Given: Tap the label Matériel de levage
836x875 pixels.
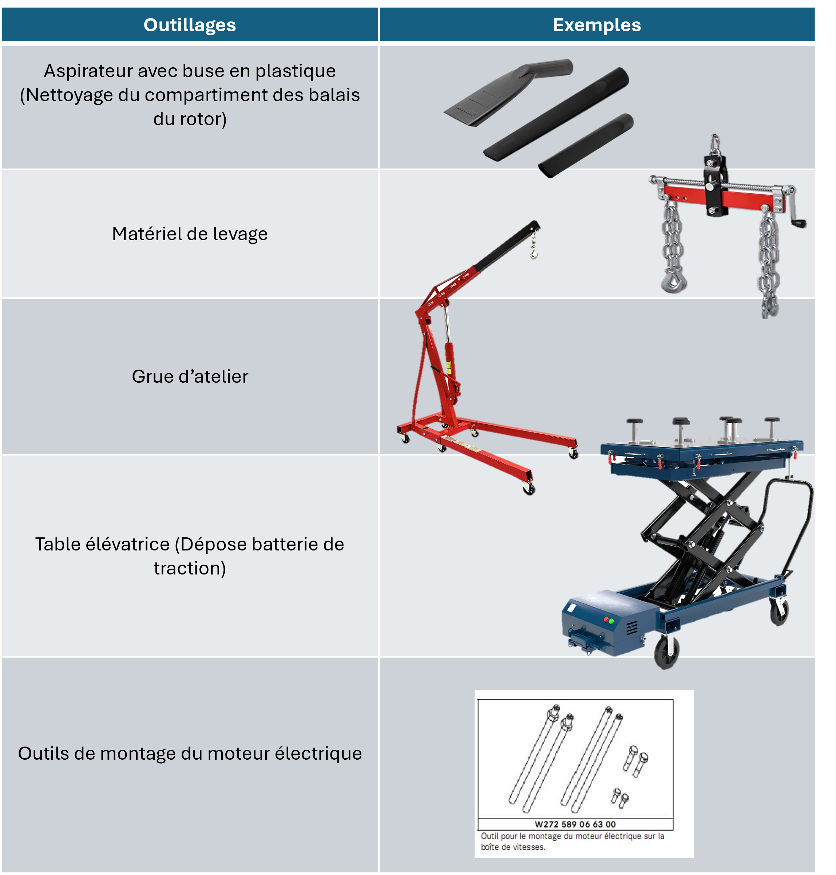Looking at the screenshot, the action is tap(190, 234).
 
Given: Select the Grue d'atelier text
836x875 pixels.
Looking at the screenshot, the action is tap(190, 377).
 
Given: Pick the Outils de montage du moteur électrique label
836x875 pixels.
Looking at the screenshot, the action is tap(190, 753).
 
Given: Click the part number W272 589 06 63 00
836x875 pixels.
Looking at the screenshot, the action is tap(575, 824).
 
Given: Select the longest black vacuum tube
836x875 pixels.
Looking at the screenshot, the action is tap(556, 115).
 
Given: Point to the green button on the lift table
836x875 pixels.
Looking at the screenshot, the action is tap(611, 621).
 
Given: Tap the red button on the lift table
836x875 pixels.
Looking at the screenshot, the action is tap(606, 619).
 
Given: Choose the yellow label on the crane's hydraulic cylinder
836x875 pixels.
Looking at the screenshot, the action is tap(448, 367).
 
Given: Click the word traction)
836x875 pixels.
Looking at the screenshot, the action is tap(190, 569).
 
